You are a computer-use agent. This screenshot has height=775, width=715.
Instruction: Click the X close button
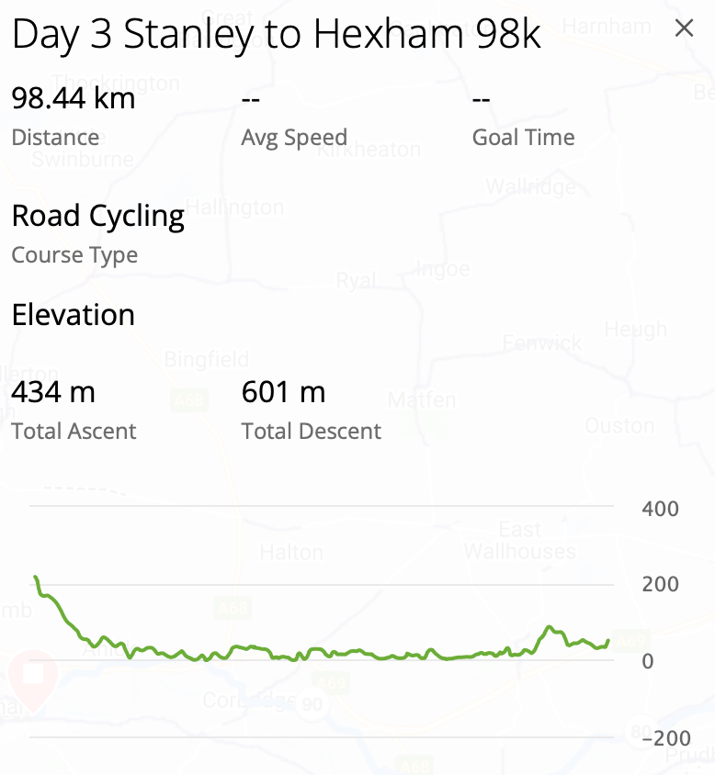pyautogui.click(x=684, y=28)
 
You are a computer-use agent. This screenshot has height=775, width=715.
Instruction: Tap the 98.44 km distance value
pyautogui.click(x=74, y=98)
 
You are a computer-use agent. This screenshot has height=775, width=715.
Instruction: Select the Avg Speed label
pyautogui.click(x=294, y=138)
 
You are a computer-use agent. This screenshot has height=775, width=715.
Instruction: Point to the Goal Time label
pyautogui.click(x=523, y=138)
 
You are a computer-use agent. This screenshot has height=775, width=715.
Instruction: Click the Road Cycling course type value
pyautogui.click(x=97, y=217)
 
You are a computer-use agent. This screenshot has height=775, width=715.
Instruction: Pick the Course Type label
pyautogui.click(x=74, y=254)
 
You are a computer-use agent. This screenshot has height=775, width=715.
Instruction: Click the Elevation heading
pyautogui.click(x=74, y=315)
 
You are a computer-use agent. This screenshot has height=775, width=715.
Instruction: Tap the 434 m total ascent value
pyautogui.click(x=53, y=392)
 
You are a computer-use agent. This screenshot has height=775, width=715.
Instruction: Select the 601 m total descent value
pyautogui.click(x=283, y=392)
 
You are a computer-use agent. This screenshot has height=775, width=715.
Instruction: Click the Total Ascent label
pyautogui.click(x=74, y=432)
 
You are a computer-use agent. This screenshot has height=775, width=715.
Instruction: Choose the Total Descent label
pyautogui.click(x=311, y=432)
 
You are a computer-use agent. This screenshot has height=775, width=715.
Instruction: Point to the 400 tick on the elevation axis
pyautogui.click(x=660, y=509)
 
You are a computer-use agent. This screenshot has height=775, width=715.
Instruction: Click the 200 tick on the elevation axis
pyautogui.click(x=660, y=584)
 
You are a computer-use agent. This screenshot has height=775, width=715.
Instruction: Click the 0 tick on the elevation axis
pyautogui.click(x=648, y=661)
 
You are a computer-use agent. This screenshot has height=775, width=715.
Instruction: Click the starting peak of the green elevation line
pyautogui.click(x=36, y=578)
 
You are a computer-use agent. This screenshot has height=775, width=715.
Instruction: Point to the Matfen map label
pyautogui.click(x=422, y=400)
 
